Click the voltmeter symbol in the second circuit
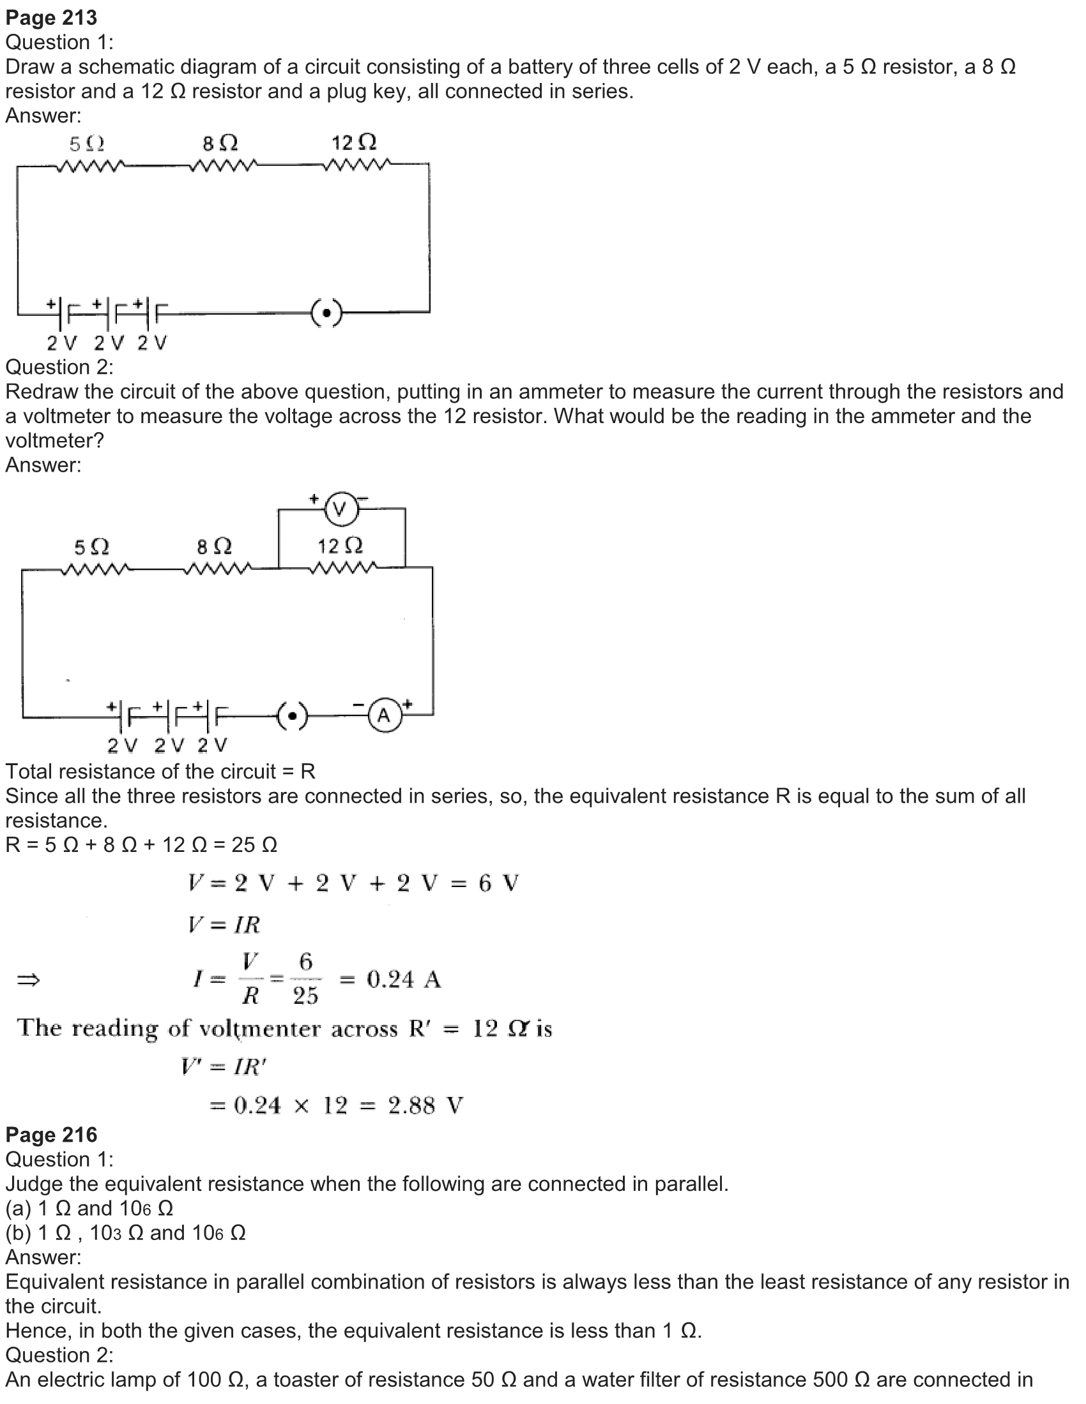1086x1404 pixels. [341, 509]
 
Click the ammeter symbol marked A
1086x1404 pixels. [384, 715]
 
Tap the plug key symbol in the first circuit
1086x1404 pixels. [327, 313]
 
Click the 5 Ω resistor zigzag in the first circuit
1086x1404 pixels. [90, 167]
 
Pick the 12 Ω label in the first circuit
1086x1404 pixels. [354, 142]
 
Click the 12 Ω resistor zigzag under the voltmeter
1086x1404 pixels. [343, 567]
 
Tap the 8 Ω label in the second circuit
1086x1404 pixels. [214, 547]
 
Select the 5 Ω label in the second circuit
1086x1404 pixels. [91, 548]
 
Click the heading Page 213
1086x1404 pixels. [52, 18]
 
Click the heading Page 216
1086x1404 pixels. [52, 1135]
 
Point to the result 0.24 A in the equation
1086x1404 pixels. [403, 979]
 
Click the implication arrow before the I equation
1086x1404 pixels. [28, 980]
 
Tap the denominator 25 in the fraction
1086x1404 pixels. [305, 995]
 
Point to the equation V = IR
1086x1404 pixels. [224, 925]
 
